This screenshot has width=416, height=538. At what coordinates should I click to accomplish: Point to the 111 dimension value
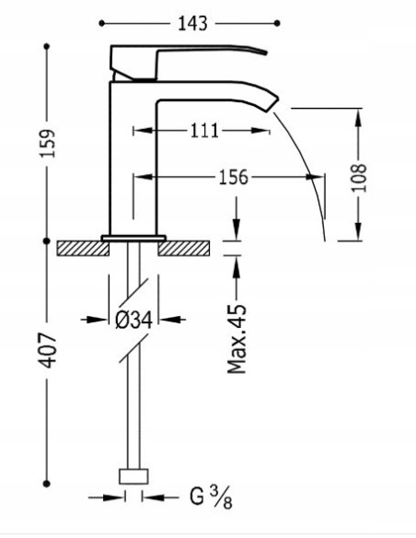(x=203, y=131)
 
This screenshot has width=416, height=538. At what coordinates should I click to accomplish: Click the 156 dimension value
(x=234, y=178)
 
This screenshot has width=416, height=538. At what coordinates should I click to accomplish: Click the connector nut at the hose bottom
(x=134, y=475)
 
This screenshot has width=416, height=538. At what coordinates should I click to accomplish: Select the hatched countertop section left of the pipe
(x=80, y=247)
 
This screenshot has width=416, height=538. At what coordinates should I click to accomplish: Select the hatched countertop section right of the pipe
(x=188, y=247)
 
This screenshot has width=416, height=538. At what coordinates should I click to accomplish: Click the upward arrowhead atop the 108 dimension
(x=357, y=117)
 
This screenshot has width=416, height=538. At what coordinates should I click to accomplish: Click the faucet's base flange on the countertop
(x=134, y=237)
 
